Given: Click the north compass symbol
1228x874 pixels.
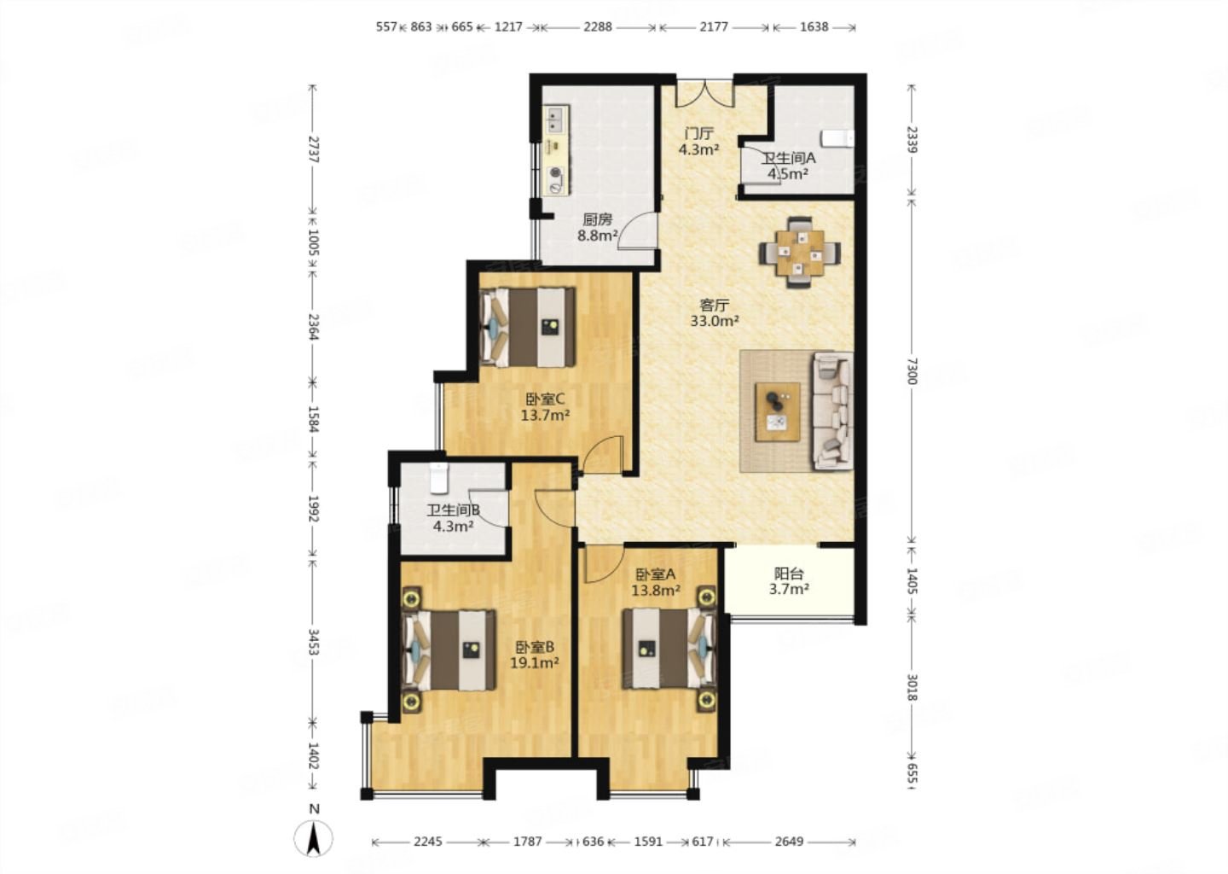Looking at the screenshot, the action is point(313,838).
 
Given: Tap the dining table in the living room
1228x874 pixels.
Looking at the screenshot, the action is point(800,253).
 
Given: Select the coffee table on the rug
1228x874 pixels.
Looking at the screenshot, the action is point(777,412).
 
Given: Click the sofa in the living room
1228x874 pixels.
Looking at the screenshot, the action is point(832,411).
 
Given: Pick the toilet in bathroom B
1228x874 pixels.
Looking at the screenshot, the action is point(439,479).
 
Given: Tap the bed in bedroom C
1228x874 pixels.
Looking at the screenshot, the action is point(527,328).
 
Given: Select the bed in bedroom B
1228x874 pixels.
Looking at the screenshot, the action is point(449,650).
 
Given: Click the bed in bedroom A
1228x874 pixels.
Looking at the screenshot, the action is point(669,648).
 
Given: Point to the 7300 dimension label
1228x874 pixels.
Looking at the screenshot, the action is point(911,371).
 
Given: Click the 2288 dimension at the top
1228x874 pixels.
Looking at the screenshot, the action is point(597,26).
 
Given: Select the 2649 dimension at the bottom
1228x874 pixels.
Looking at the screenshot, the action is point(789,841).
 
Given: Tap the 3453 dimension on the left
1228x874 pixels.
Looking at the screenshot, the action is point(313,642).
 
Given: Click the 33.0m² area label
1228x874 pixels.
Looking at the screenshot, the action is point(715,321).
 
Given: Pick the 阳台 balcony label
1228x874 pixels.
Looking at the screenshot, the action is point(789,574).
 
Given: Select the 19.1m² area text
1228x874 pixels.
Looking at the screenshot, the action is point(535,663).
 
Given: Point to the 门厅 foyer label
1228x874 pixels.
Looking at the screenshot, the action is point(699,133).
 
